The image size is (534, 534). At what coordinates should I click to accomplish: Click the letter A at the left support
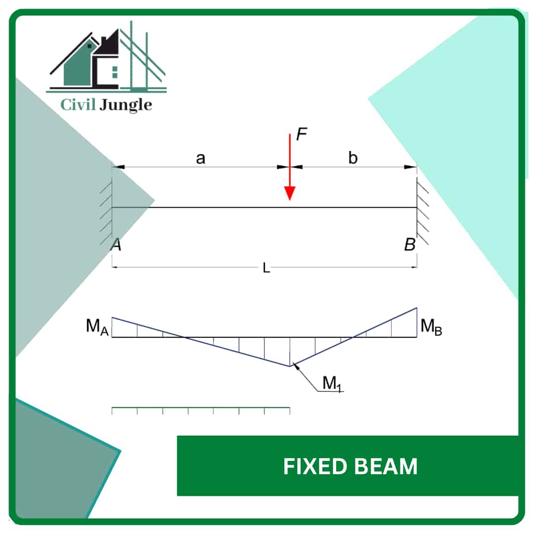(x=116, y=244)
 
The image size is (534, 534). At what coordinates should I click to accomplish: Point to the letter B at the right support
(x=410, y=244)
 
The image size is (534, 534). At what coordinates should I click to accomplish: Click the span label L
(x=267, y=268)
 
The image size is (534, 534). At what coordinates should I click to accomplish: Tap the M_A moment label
(x=97, y=326)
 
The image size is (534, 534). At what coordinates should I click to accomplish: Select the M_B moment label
(x=431, y=326)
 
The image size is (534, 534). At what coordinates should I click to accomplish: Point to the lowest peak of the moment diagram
(x=289, y=366)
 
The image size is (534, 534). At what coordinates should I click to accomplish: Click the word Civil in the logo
(x=78, y=104)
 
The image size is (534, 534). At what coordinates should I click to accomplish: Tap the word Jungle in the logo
(x=126, y=105)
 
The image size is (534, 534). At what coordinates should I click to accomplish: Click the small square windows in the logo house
(x=115, y=72)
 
